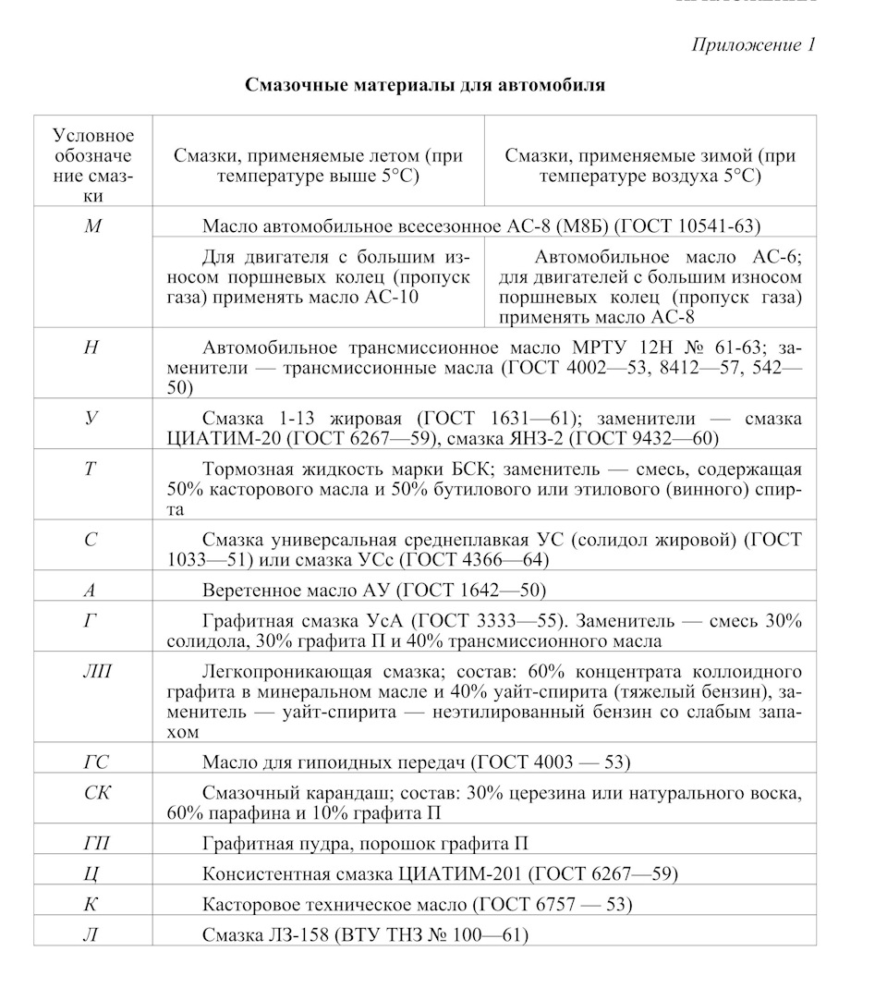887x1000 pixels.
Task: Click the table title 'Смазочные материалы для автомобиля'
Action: [425, 86]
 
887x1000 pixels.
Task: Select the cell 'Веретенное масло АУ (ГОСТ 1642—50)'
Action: [374, 590]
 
